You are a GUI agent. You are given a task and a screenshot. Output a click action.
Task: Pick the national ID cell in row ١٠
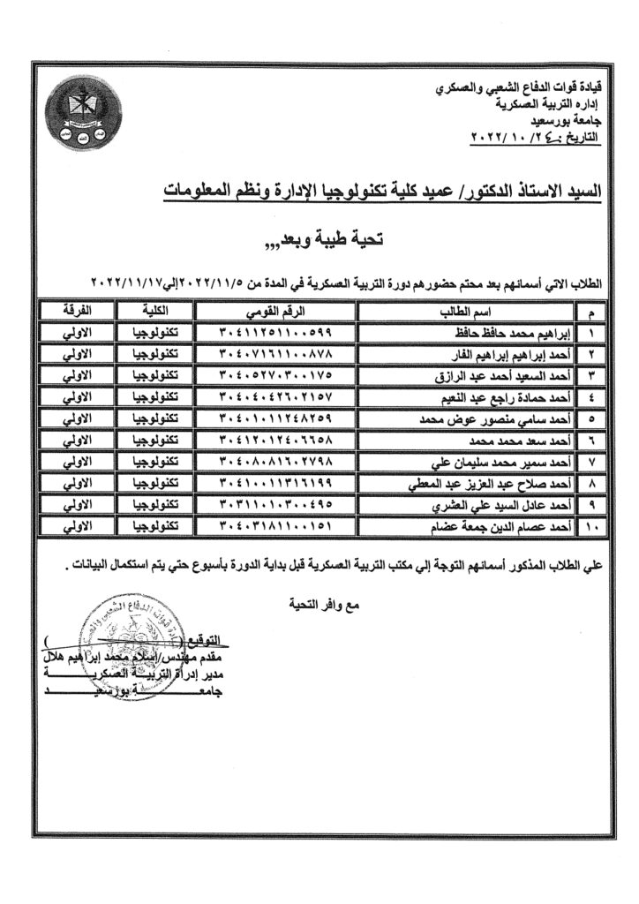tap(274, 526)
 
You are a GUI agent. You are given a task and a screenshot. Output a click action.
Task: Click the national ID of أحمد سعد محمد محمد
tap(274, 441)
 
